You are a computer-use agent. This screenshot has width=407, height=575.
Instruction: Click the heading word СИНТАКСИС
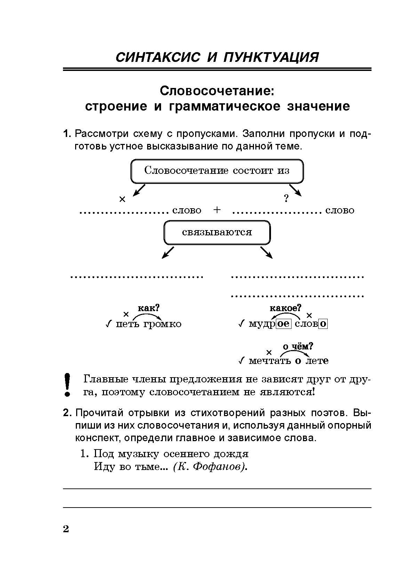point(158,57)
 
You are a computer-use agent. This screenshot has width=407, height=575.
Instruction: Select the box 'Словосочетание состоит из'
point(217,171)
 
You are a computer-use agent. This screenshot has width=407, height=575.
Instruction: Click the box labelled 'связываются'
point(217,232)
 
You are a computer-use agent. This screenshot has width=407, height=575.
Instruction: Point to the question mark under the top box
point(286,199)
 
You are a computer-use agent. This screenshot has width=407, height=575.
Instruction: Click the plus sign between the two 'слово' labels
point(217,210)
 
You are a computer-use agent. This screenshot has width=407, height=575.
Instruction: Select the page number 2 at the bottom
point(66,529)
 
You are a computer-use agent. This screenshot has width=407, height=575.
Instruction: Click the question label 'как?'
point(149,308)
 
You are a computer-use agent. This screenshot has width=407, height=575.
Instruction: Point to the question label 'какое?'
point(285,308)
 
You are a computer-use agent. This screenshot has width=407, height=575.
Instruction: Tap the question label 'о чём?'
point(298,346)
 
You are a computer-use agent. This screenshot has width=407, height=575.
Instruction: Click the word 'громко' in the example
point(162,324)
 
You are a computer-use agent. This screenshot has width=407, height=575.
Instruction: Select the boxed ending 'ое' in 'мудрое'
point(284,324)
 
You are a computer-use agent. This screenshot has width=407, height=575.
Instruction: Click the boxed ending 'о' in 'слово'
point(323,324)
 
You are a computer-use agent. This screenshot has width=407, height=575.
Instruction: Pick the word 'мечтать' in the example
point(270,361)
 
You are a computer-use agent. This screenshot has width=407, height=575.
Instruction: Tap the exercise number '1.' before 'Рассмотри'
point(67,134)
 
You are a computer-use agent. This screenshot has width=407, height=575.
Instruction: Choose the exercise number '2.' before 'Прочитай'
point(67,413)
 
